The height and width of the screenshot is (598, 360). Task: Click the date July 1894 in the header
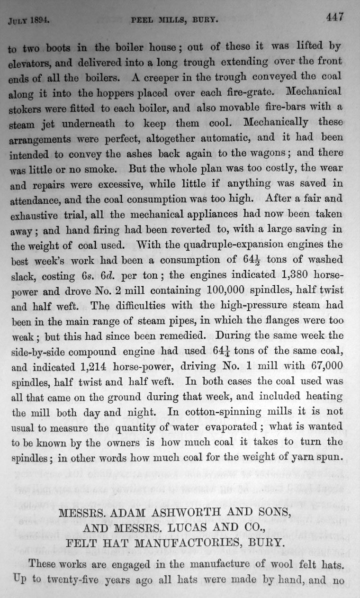click(29, 21)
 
